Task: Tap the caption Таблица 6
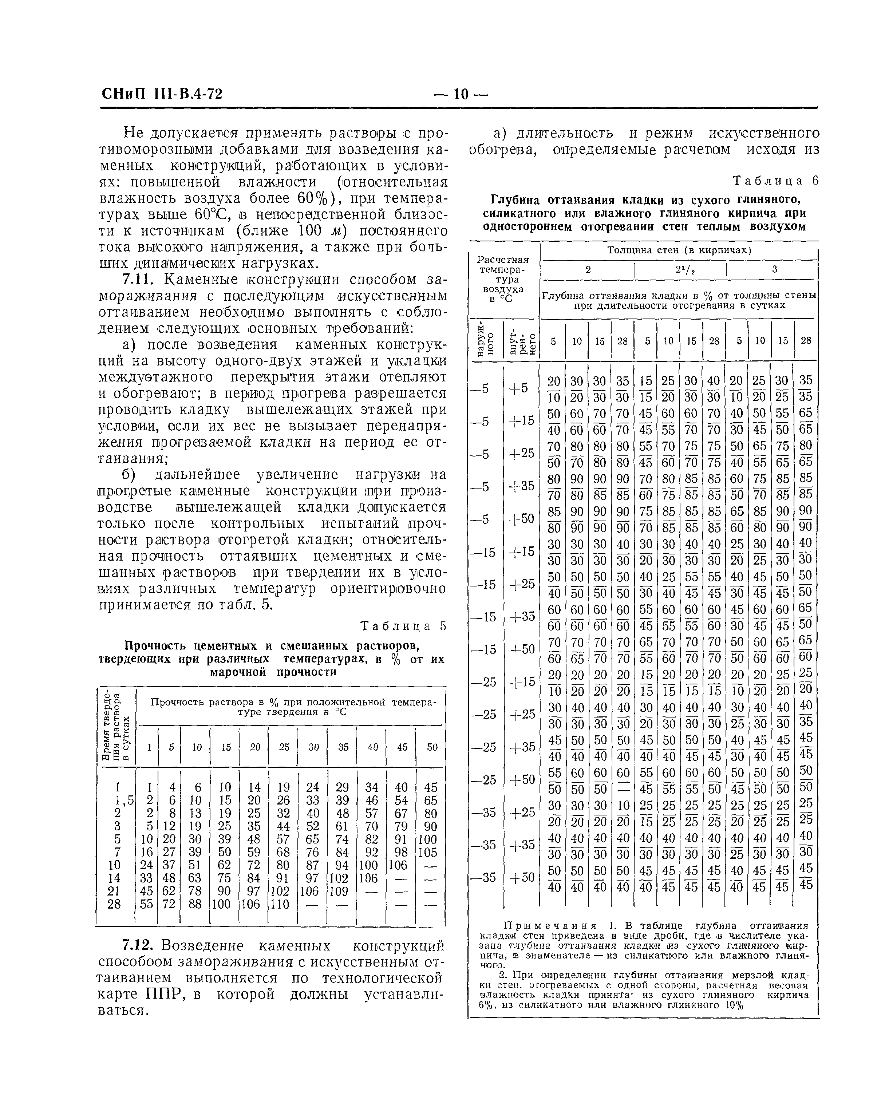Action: click(x=775, y=181)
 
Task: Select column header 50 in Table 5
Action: click(x=432, y=747)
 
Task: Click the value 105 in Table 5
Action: click(x=431, y=852)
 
